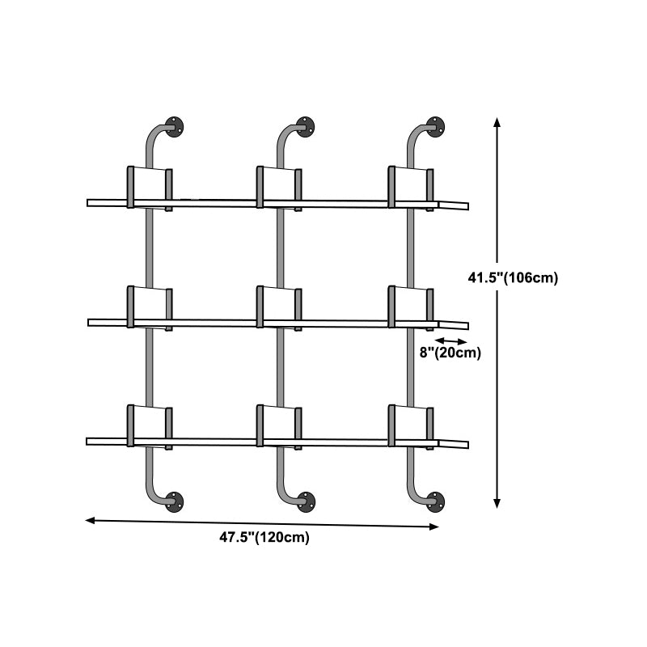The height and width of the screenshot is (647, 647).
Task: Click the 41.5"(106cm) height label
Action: tap(513, 277)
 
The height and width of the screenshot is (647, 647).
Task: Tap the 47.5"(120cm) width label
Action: tap(264, 537)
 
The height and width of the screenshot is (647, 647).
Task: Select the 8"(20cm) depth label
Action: tap(450, 353)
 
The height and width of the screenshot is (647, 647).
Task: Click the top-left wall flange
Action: tap(174, 127)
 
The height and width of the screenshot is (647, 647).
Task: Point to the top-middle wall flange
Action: tap(306, 127)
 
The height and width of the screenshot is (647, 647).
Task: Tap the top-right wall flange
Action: tap(435, 127)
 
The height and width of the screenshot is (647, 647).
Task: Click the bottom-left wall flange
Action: tap(174, 502)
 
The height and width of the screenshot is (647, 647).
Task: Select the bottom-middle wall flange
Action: tap(307, 502)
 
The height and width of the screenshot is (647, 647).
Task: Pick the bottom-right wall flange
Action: tap(435, 502)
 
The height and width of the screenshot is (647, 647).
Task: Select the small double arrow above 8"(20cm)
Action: tap(450, 341)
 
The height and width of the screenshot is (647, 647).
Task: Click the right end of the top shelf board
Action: tap(468, 206)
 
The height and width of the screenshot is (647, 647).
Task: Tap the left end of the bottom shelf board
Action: tap(87, 442)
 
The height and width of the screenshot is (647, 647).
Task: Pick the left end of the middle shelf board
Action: tap(88, 322)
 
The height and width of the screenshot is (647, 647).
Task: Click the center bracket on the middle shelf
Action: tap(279, 307)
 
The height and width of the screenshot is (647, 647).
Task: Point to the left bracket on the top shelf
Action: tap(150, 188)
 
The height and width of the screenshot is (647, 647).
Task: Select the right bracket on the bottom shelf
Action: tap(411, 427)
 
